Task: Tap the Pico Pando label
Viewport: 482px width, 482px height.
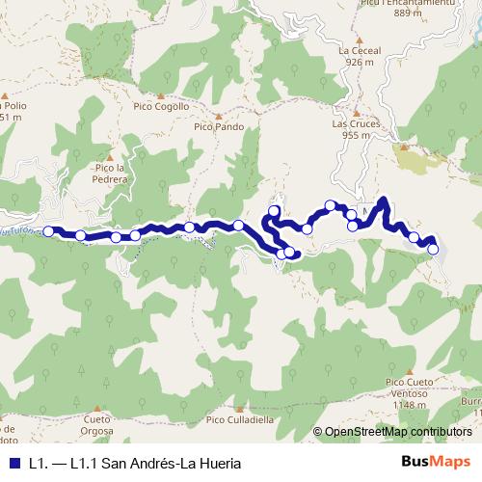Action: point(217,125)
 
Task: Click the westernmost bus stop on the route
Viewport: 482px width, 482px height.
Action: point(48,231)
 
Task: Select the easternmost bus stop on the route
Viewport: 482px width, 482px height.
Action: point(433,249)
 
